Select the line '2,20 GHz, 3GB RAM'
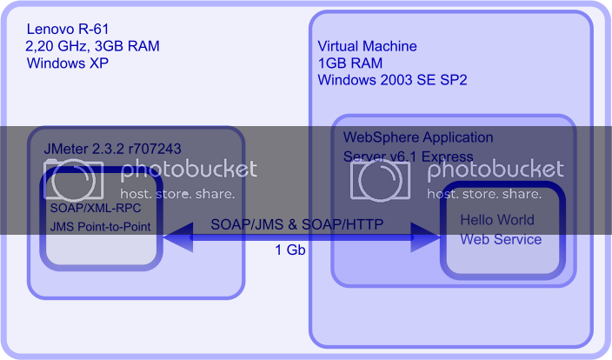point(93,46)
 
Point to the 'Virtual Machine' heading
point(367,46)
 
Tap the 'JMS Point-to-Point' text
point(100,227)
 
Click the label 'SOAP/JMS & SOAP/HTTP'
point(297,224)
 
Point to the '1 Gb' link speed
point(290,250)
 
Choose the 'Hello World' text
point(497,219)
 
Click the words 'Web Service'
point(501,239)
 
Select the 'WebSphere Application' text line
point(418,137)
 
